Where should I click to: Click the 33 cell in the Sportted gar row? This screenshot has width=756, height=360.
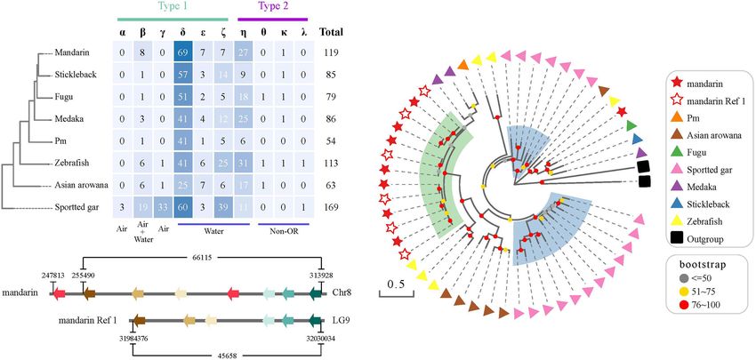[163, 209]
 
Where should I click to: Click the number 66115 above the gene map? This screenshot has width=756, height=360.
[202, 257]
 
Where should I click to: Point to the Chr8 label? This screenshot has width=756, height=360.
[344, 292]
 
